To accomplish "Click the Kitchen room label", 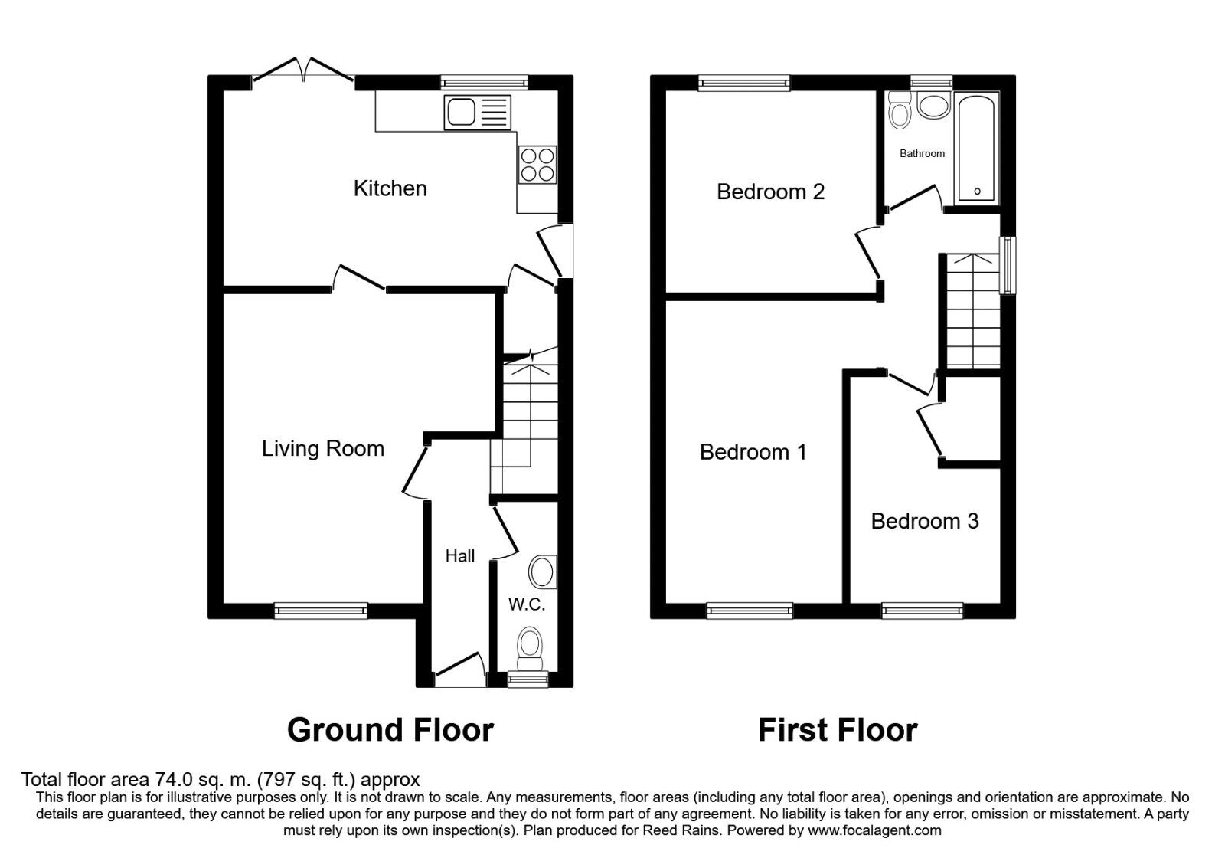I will coord(390,188).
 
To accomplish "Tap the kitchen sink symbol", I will coord(476,113).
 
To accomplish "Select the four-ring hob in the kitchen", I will coord(537,165).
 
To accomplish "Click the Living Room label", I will coord(322,449).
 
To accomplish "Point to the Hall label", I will coord(460,556).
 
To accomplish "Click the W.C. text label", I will coord(527,605).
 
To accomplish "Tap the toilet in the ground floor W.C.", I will coord(529,645).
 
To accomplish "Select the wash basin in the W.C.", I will coord(542,572).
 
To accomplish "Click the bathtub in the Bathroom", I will coord(976,148).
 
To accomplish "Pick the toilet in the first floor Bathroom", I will coord(899,113).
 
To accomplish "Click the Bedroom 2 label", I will coord(770,192).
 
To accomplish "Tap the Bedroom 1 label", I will coord(753,452).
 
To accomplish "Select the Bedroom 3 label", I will coord(924,522).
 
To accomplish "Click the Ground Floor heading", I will coord(390,730).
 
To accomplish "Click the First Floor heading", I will coord(837,730).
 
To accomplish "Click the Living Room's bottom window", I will coord(321,611).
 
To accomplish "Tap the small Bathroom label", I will coord(922,154).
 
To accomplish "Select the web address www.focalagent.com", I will coord(874,830).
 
